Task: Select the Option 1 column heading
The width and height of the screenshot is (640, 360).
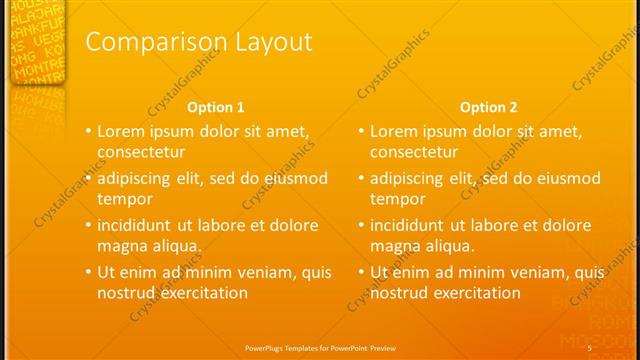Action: [x=216, y=107]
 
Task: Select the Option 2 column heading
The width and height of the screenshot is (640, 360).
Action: [x=489, y=107]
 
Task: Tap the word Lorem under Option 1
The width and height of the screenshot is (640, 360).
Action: [x=121, y=131]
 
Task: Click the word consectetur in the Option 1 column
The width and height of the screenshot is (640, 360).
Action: [x=141, y=152]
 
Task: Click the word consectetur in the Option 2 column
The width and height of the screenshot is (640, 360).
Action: [x=414, y=152]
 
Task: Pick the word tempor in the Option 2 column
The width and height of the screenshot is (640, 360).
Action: [x=397, y=199]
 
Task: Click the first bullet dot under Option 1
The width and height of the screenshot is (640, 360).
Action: [x=88, y=131]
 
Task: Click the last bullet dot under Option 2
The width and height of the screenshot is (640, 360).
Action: [x=361, y=272]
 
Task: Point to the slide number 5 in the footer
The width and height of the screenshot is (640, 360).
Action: [x=590, y=347]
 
